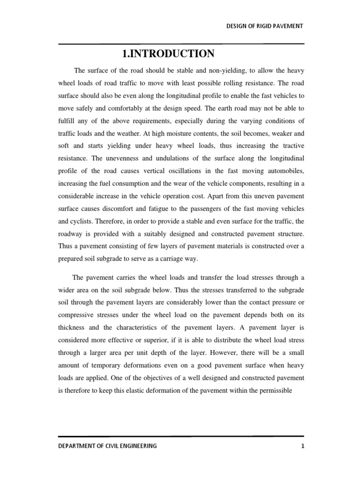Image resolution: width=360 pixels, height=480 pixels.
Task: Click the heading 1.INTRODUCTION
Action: point(168,54)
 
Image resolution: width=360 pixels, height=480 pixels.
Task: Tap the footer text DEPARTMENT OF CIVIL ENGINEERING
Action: point(107,446)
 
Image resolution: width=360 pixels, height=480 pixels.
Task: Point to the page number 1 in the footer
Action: point(303,446)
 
